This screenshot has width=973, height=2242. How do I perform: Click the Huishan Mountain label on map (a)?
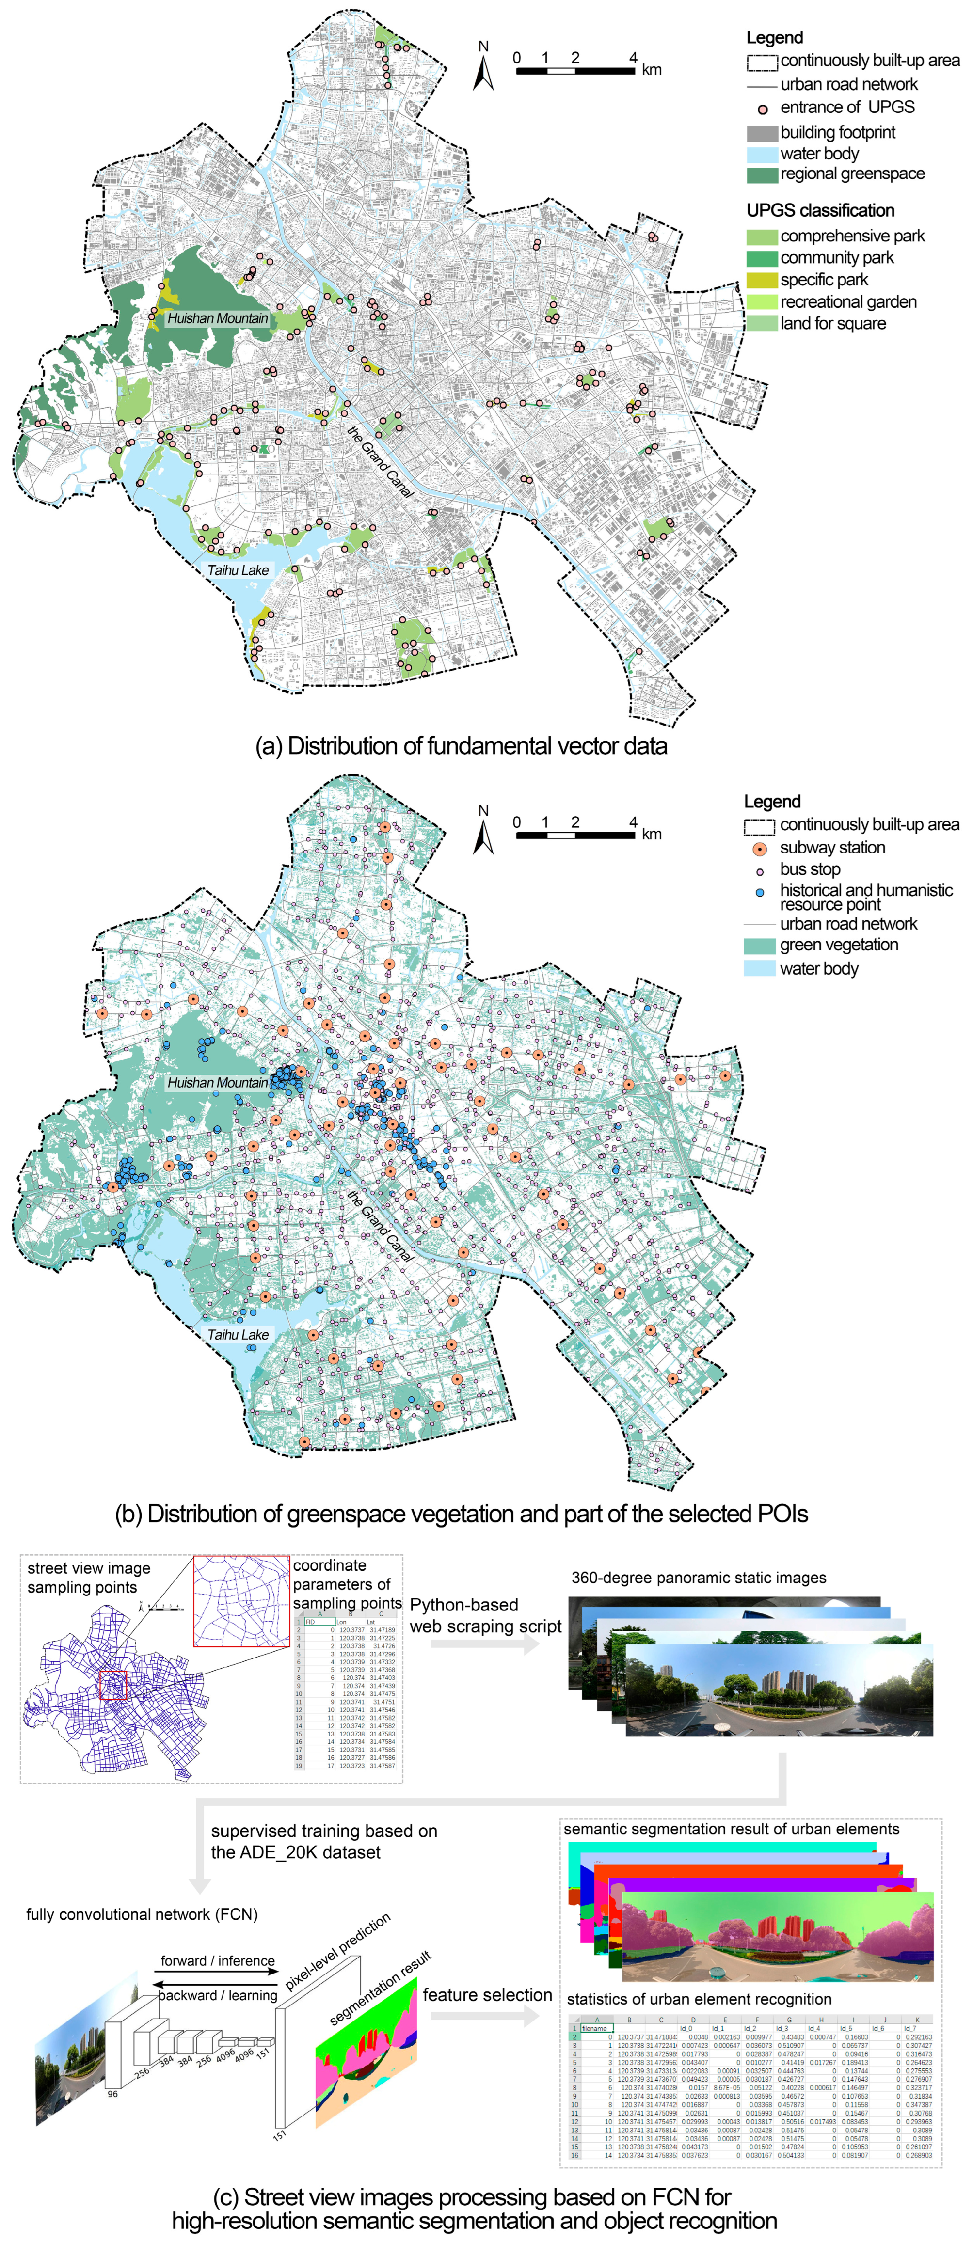(218, 318)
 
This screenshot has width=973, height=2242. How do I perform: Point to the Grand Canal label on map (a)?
(380, 461)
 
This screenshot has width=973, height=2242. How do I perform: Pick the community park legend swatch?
(762, 258)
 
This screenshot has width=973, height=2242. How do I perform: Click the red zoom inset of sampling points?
(241, 1601)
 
